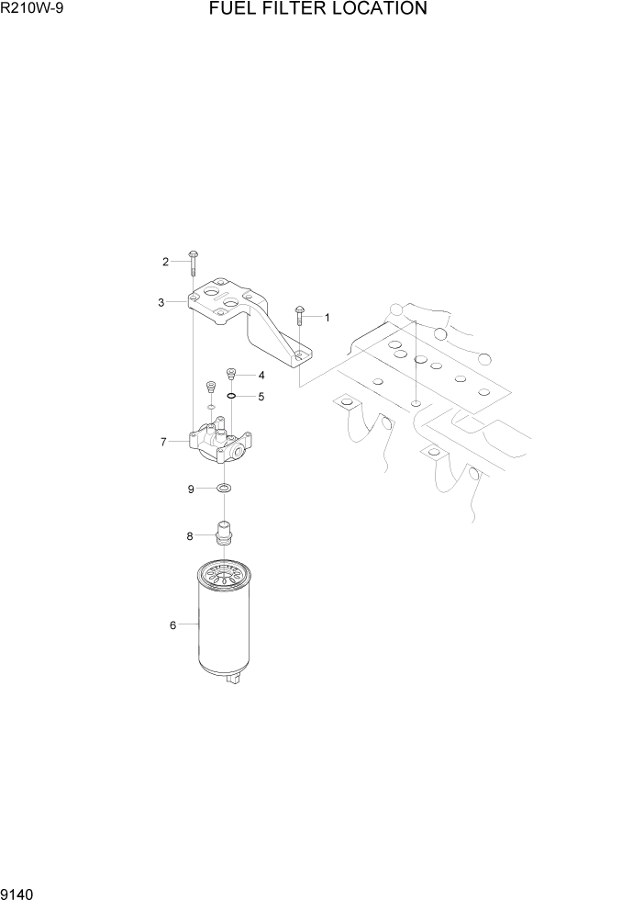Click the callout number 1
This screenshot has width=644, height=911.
coord(328,318)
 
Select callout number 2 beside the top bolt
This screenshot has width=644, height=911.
coord(165,262)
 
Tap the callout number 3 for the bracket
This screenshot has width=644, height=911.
coord(161,301)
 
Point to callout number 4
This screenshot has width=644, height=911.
coord(261,376)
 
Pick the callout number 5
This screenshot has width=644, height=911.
coord(261,397)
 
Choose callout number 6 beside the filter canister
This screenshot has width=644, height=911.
coord(172,625)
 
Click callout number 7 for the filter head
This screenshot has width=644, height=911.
coord(163,442)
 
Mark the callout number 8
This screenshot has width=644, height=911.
coord(190,535)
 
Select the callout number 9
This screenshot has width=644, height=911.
coord(191,489)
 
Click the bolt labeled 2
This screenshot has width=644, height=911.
coord(194,261)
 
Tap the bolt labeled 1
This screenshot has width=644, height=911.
coord(299,318)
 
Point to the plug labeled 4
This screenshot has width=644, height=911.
coord(232,375)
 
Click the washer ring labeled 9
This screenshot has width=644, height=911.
coord(224,489)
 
